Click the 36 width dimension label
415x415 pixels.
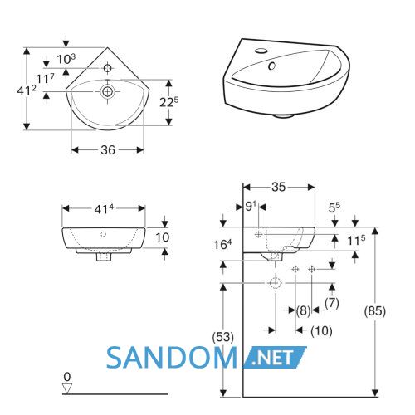(x=108, y=150)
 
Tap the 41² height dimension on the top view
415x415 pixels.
(x=27, y=90)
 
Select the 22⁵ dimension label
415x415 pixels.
(x=168, y=102)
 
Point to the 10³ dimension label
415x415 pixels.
(x=66, y=59)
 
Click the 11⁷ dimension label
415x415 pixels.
(x=46, y=79)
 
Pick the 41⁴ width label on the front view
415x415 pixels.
(x=104, y=209)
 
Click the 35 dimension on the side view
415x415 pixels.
(x=278, y=187)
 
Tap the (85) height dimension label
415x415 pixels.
(x=375, y=311)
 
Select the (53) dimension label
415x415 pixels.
(x=222, y=337)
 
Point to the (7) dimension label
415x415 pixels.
(x=332, y=303)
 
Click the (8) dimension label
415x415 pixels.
(x=304, y=310)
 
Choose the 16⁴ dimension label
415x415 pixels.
(x=222, y=244)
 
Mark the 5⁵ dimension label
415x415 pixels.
(x=334, y=207)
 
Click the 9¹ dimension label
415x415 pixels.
(x=251, y=206)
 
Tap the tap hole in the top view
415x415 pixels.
(x=107, y=68)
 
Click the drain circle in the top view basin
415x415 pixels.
(x=107, y=91)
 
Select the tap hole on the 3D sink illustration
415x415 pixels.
(x=261, y=51)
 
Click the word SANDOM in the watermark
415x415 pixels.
(x=172, y=358)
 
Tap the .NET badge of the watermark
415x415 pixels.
(x=275, y=357)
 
